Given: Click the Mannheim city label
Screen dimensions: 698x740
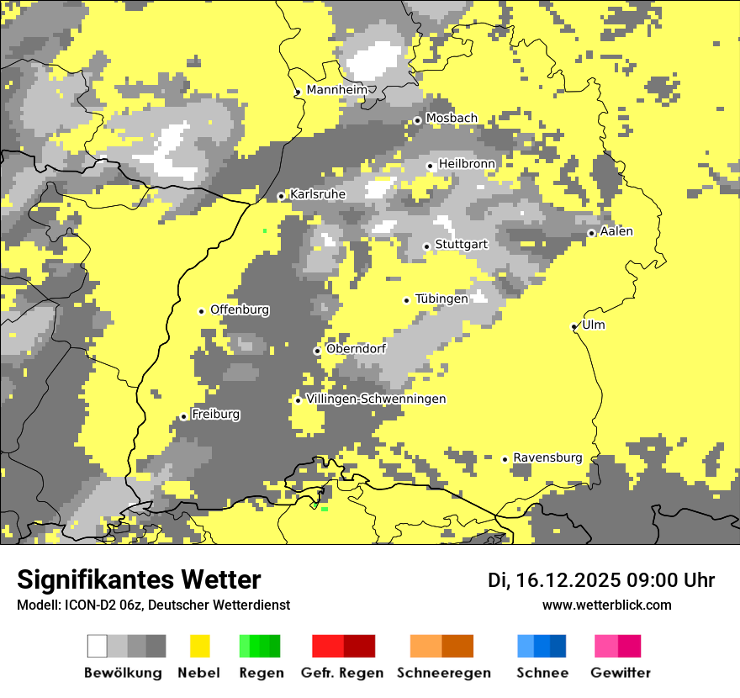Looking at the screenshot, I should (x=337, y=90).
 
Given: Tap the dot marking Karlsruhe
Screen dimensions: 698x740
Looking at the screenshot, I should (x=282, y=197).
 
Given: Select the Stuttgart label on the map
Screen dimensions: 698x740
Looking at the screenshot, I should (x=462, y=244).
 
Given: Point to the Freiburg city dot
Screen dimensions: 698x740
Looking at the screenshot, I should (x=183, y=416).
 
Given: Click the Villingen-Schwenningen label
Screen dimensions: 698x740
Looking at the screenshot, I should (x=376, y=399).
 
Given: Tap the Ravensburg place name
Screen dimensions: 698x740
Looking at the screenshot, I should (x=547, y=457).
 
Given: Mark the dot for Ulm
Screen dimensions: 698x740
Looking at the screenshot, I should (x=574, y=327).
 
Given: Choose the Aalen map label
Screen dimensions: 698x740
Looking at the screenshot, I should (x=616, y=231).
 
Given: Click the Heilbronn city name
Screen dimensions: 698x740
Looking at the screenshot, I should (x=467, y=163).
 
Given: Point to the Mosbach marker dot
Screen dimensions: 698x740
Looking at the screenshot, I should (x=417, y=121).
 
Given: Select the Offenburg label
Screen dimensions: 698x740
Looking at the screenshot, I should (x=240, y=309).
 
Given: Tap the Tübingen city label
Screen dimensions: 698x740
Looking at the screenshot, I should (x=441, y=299).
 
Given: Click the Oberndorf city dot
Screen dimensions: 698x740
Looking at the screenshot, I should (x=317, y=351).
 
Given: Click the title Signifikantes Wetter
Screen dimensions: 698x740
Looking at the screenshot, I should (x=139, y=579).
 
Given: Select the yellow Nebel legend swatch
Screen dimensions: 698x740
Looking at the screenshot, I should (x=200, y=646).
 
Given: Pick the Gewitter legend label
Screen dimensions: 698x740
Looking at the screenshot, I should (x=621, y=673).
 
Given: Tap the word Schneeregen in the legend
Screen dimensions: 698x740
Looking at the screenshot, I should (x=444, y=673).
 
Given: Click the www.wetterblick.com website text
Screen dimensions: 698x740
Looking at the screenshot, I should (x=607, y=605).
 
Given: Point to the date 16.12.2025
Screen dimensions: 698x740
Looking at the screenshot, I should (x=569, y=580).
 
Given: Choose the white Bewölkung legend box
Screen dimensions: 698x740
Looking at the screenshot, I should (x=98, y=646).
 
